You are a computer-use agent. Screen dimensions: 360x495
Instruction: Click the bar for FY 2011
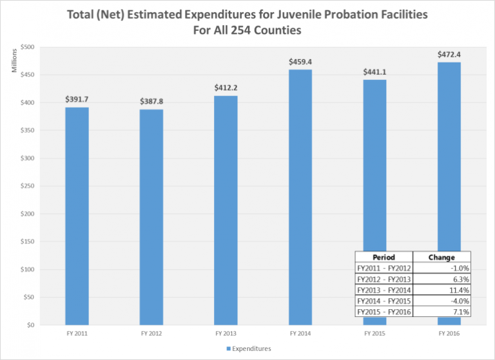pyautogui.click(x=77, y=216)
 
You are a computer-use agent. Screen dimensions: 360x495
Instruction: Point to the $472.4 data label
pyautogui.click(x=449, y=54)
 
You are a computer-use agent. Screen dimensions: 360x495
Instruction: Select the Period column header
pyautogui.click(x=383, y=257)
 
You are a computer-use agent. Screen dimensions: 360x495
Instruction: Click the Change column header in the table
pyautogui.click(x=442, y=257)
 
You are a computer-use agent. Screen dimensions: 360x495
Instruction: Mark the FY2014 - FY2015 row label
pyautogui.click(x=383, y=301)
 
